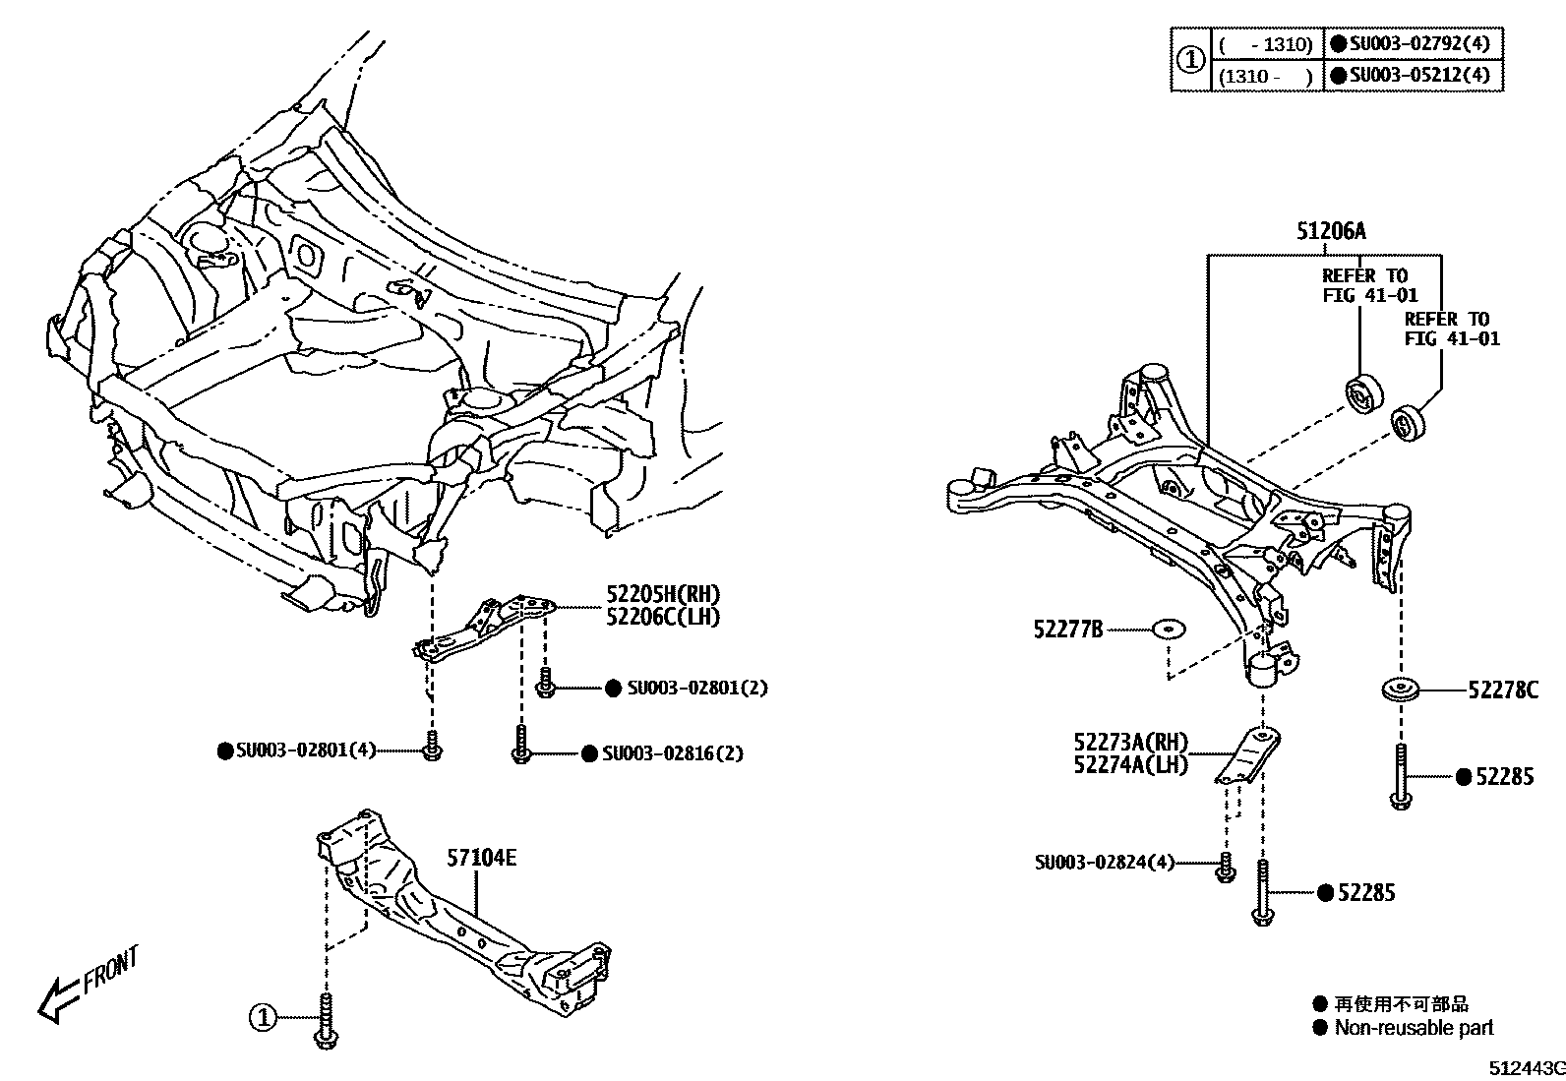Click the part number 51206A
pos(1331,232)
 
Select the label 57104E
pos(481,858)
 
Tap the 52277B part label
pos(1067,630)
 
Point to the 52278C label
pos(1502,691)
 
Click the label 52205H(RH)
pos(662,594)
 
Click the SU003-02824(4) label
pos(1104,863)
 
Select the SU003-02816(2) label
pos(672,753)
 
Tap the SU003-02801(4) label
pos(306,751)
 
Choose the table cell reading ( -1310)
pos(1266,44)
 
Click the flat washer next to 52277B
pos(1169,629)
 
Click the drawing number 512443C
pos(1525,1068)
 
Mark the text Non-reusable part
pos(1414,1028)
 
